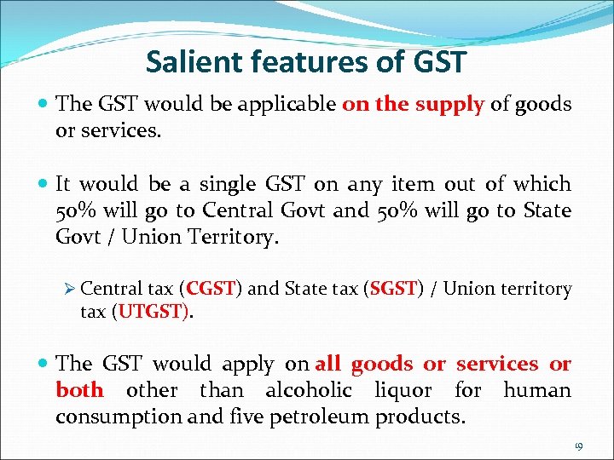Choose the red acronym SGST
393,289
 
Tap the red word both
79,390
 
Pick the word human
536,390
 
